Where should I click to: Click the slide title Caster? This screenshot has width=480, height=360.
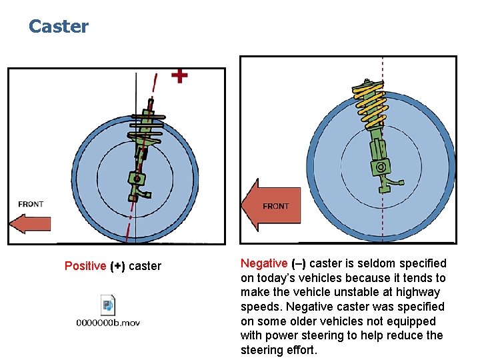coord(59,27)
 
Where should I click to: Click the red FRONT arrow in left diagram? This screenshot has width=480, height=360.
coord(30,223)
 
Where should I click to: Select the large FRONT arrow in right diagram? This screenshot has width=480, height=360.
coord(270,205)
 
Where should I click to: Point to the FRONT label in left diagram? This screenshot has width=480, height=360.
coord(31,204)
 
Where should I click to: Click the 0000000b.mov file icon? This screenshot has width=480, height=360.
coord(107,305)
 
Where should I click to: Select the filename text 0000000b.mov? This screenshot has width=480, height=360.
coord(107,323)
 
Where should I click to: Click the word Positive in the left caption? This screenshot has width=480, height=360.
coord(85,266)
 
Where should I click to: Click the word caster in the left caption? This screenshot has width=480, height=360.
coord(145,266)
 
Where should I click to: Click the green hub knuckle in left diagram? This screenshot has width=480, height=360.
coord(137,180)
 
